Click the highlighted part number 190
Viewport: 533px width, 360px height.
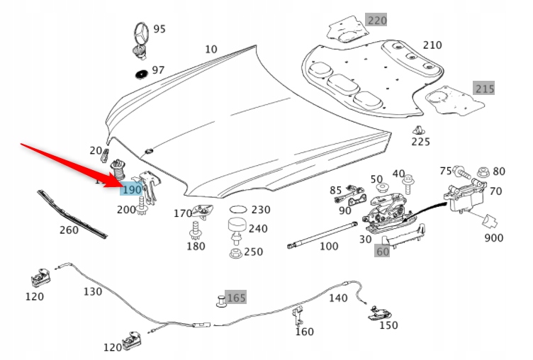132,191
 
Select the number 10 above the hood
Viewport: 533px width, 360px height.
211,49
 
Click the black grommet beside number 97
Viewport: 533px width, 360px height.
141,73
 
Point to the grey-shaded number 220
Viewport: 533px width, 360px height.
376,20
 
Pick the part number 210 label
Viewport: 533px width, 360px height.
432,45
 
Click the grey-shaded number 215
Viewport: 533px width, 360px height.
484,89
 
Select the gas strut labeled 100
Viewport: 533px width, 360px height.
320,235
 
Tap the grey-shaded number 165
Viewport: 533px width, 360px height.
236,298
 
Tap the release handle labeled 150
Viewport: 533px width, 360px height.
381,312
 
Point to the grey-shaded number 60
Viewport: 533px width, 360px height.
383,250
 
